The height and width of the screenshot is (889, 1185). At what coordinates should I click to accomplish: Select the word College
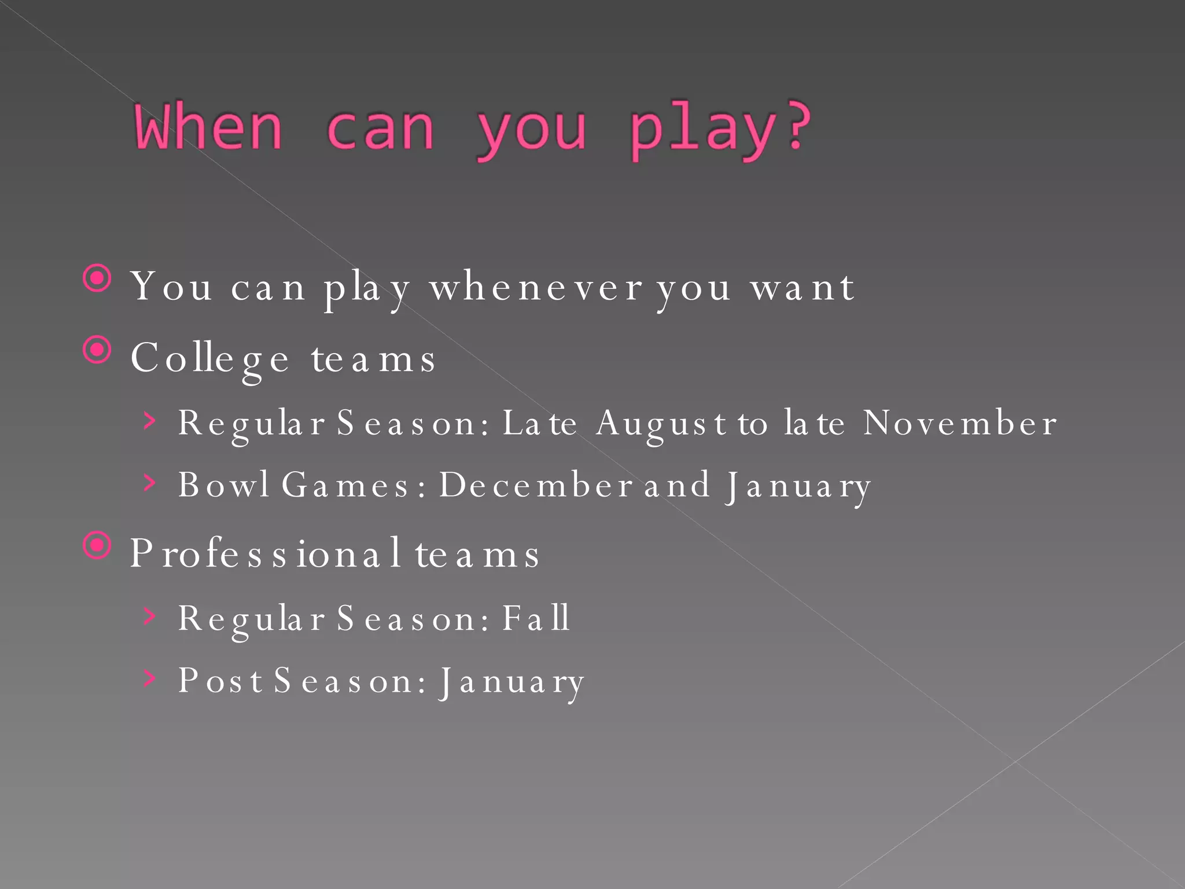pyautogui.click(x=209, y=359)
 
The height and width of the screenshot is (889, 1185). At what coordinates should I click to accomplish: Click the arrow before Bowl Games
pyautogui.click(x=150, y=482)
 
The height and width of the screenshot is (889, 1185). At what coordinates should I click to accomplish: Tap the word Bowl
pyautogui.click(x=223, y=484)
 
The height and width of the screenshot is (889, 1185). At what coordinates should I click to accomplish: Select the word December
pyautogui.click(x=535, y=484)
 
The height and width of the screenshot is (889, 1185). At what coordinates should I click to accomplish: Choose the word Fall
pyautogui.click(x=536, y=618)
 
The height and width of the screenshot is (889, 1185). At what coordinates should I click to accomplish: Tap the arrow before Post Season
pyautogui.click(x=150, y=678)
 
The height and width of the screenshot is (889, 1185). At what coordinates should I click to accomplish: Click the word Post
pyautogui.click(x=220, y=680)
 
